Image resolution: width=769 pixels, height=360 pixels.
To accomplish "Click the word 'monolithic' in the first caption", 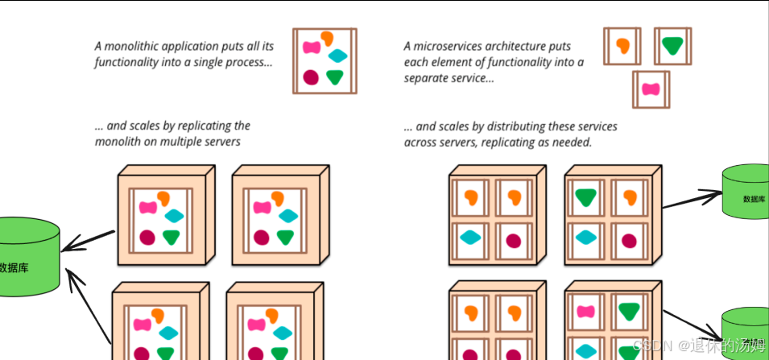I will (134, 46).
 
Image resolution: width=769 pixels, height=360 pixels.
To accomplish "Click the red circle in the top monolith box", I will (310, 77).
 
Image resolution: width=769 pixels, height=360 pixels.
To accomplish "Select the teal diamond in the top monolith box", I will (339, 56).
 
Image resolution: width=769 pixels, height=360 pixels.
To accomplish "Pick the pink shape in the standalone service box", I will (651, 89).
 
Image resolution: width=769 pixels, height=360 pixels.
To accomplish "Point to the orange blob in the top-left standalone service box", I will (622, 45).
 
